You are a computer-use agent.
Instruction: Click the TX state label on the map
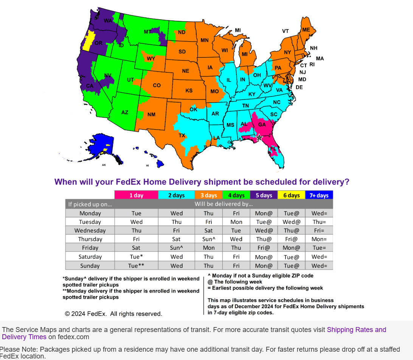182,136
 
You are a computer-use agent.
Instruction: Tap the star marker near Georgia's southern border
259,137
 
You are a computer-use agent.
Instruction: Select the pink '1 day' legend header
136,195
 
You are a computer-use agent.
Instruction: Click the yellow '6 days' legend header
292,195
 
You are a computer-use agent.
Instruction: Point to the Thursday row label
90,239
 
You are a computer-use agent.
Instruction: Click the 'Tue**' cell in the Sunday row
136,266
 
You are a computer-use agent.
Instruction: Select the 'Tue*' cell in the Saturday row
136,257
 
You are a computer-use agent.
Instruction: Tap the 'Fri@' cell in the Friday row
264,248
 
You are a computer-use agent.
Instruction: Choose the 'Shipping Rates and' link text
356,330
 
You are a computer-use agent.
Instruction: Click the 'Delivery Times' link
24,337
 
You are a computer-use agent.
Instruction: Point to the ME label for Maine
306,30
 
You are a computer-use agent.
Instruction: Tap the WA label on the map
108,20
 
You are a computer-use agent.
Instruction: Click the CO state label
157,86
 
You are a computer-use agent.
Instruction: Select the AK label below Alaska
104,165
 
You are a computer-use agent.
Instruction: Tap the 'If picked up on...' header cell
90,204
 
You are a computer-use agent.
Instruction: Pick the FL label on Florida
273,148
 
